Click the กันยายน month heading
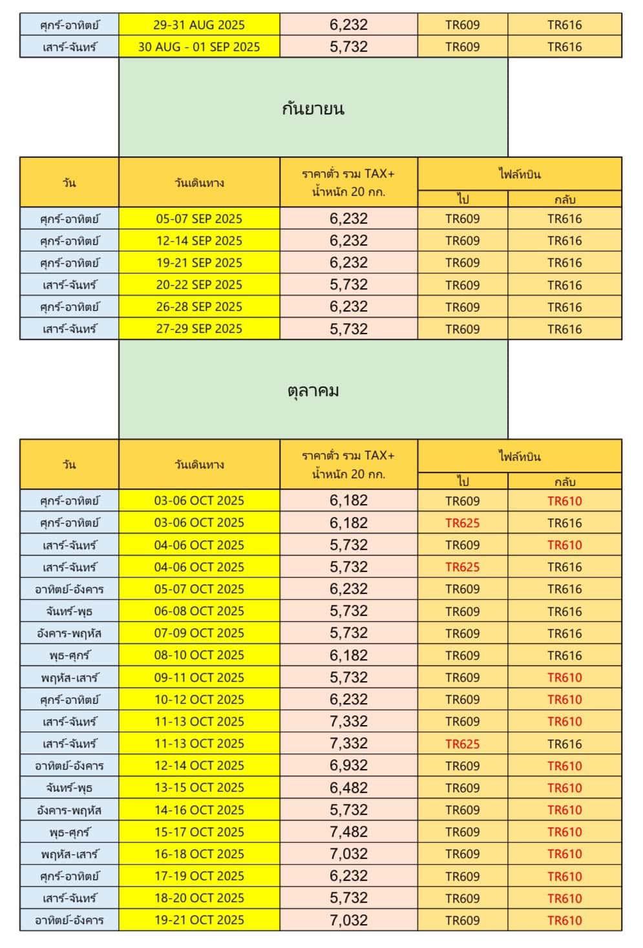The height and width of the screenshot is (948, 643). (313, 108)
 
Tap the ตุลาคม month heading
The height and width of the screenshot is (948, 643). (313, 390)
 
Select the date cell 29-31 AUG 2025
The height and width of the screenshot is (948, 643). (199, 25)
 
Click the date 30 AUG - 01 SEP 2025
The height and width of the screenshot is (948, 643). (199, 47)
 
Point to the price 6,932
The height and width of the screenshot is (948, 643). (348, 766)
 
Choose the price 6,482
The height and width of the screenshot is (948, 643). (348, 788)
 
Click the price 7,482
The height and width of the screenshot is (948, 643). (348, 832)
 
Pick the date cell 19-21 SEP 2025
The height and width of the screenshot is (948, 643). (199, 262)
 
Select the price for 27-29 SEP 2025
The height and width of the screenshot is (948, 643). (348, 329)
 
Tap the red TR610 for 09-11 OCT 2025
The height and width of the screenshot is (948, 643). (564, 677)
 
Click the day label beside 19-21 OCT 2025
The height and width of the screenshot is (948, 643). (69, 920)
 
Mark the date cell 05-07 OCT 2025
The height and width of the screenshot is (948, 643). (199, 589)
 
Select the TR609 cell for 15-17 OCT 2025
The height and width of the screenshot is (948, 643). (463, 832)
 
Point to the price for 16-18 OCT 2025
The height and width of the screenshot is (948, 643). (348, 854)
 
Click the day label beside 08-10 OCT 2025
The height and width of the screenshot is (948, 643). (69, 655)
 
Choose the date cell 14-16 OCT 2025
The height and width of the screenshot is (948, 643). (199, 810)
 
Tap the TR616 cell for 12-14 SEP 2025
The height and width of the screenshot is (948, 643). (564, 240)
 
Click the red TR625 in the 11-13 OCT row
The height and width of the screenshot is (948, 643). (463, 744)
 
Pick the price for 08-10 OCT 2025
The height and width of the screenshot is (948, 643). (348, 655)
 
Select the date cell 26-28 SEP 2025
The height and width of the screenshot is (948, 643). (199, 307)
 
